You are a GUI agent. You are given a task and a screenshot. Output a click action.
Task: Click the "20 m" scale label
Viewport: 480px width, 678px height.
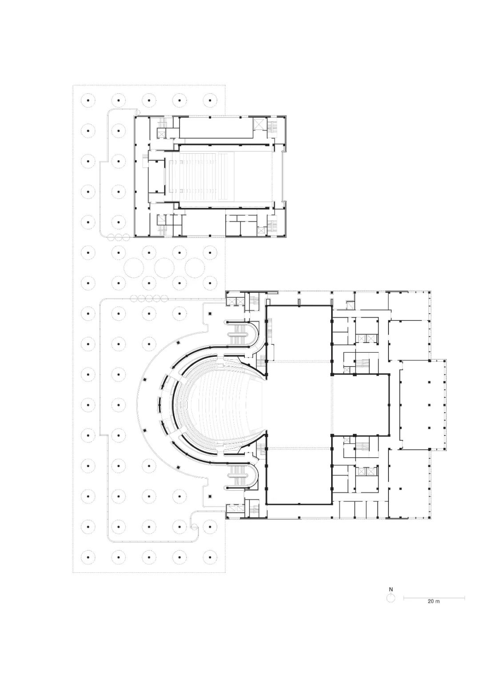(x=433, y=602)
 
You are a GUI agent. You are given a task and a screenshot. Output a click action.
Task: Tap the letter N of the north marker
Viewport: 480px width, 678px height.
(x=391, y=590)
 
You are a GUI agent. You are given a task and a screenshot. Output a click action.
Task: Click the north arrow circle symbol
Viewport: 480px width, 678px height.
(x=391, y=598)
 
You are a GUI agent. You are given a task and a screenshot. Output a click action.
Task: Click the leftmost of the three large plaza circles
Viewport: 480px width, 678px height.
(x=134, y=267)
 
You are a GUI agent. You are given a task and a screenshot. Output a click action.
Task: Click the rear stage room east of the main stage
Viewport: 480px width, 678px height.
(x=360, y=405)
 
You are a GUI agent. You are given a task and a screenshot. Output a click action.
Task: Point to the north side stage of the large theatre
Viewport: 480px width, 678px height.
(x=299, y=333)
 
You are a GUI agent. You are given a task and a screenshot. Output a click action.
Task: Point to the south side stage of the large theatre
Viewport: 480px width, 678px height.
(x=299, y=478)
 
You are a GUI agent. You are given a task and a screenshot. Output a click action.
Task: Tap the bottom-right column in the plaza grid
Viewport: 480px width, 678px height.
(x=208, y=557)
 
